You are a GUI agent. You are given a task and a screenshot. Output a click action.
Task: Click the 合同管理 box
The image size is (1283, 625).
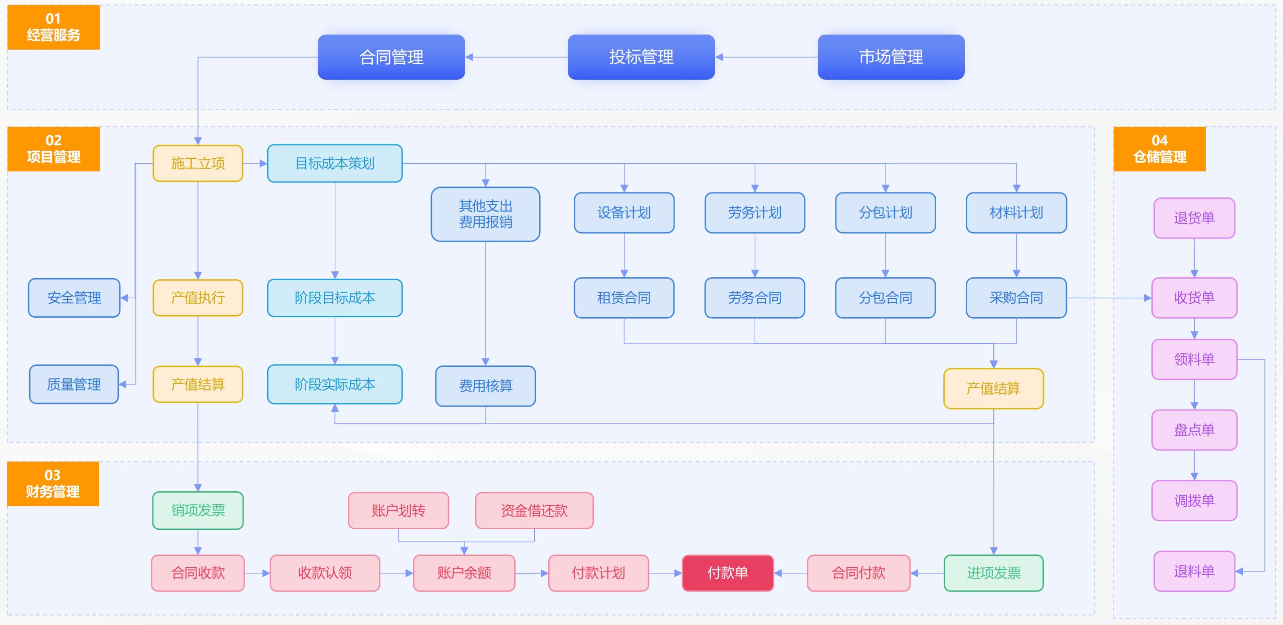click(391, 57)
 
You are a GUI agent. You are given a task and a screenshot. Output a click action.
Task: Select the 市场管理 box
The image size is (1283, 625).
click(891, 57)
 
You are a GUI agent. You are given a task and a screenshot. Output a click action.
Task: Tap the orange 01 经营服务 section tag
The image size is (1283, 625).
click(53, 27)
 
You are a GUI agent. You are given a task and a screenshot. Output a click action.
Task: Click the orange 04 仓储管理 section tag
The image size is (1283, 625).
click(1159, 149)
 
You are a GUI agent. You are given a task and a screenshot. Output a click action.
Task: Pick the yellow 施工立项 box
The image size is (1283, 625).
click(197, 163)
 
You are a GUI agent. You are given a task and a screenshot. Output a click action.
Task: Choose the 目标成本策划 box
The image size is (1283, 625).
click(334, 163)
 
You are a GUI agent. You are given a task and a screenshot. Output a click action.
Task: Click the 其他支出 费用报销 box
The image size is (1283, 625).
click(485, 214)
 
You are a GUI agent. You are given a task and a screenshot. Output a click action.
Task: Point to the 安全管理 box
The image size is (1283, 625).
click(74, 298)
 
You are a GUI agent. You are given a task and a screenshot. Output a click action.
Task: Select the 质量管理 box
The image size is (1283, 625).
click(74, 384)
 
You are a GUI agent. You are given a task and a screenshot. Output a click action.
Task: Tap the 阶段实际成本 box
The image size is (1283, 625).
click(334, 384)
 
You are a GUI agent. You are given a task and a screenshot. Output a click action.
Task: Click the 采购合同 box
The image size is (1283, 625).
click(1016, 298)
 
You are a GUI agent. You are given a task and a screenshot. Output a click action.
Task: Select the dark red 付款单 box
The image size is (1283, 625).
click(727, 573)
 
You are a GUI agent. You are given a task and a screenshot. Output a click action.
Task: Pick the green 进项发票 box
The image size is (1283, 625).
click(993, 573)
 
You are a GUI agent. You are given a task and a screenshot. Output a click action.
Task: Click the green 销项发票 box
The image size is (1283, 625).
click(197, 510)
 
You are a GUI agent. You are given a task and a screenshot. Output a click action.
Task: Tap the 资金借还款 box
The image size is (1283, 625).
click(534, 510)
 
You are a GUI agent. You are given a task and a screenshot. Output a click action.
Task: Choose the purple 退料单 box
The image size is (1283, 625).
click(1194, 571)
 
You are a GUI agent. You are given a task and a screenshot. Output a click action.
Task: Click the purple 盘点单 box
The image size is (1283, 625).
click(1194, 430)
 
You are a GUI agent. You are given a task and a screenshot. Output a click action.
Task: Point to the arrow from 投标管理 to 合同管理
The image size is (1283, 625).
click(516, 57)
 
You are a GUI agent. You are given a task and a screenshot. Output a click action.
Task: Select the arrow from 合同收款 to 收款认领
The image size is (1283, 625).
click(257, 573)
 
